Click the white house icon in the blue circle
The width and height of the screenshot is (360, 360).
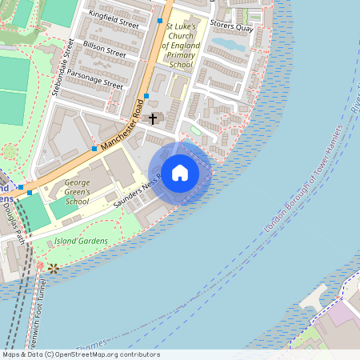[x=180, y=173]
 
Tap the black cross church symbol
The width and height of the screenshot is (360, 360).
[x=153, y=118]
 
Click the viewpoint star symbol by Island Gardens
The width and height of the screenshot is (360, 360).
[x=53, y=268]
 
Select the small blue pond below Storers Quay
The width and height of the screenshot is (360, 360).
[x=227, y=46]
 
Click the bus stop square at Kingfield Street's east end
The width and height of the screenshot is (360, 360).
[x=160, y=20]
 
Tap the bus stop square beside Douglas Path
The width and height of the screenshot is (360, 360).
[x=30, y=192]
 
